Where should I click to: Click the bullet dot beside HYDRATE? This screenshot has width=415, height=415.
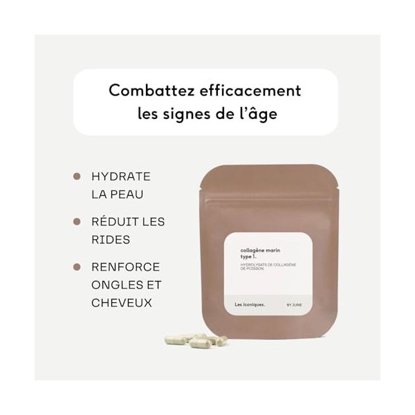[x=77, y=177]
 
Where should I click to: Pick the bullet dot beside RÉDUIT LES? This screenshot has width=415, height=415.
[x=77, y=221]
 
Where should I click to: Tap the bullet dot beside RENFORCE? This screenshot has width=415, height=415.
[x=77, y=267]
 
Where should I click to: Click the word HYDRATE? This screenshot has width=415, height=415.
[x=121, y=177]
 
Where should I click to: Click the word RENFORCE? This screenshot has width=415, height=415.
[x=126, y=267]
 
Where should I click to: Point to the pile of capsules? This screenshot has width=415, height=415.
[x=193, y=342]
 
